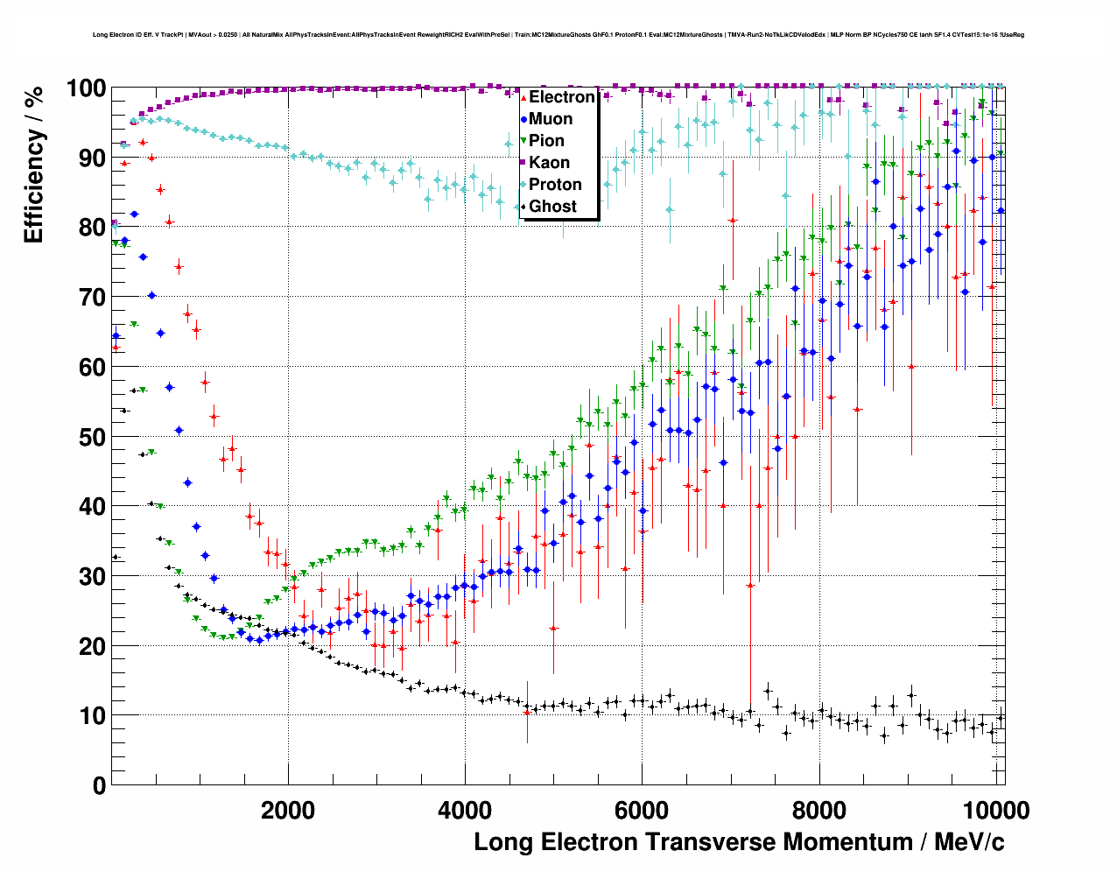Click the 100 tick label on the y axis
click(86, 88)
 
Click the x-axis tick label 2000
click(288, 811)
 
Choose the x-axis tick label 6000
click(642, 811)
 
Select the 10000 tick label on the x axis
click(993, 811)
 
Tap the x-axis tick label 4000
click(465, 811)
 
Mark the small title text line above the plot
click(558, 35)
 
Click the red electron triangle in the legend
click(523, 97)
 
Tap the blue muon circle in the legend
click(523, 119)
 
